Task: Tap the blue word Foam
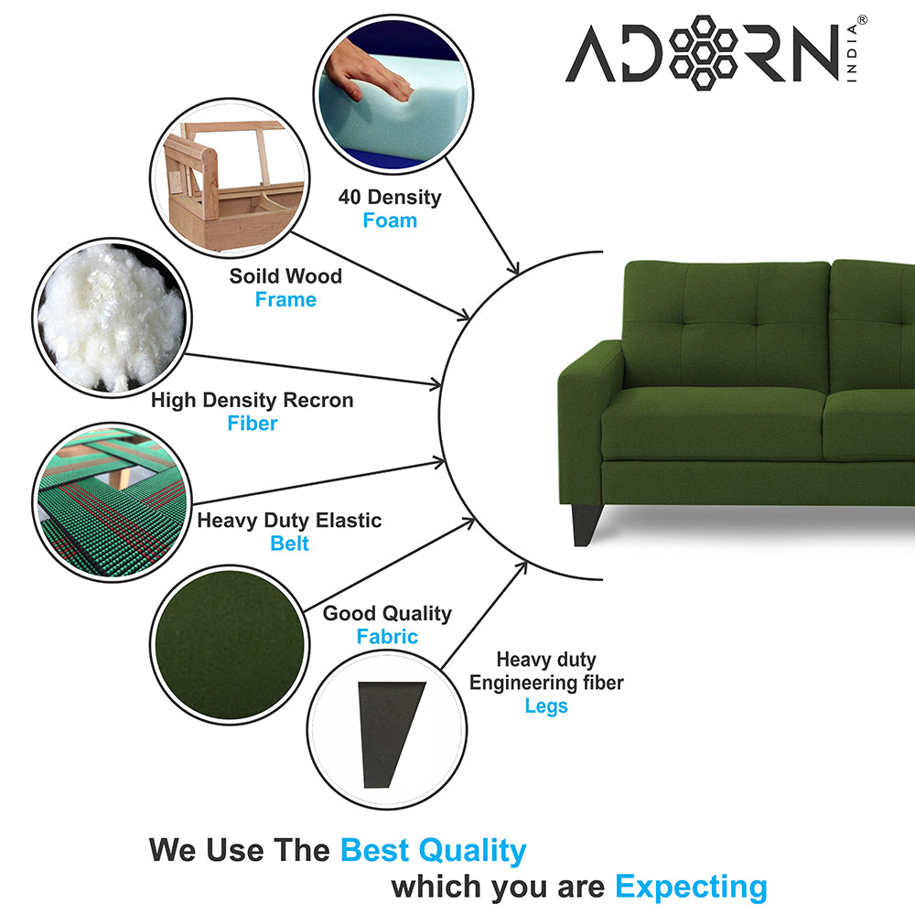tap(390, 221)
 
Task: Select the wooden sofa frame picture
tap(230, 178)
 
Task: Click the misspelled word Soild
tap(253, 276)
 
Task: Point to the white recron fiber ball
tap(112, 318)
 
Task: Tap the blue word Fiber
tap(253, 424)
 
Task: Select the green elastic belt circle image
tap(112, 502)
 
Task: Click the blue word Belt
tap(289, 544)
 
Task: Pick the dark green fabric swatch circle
tap(230, 645)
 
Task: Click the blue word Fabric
tap(387, 637)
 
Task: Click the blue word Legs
tap(546, 706)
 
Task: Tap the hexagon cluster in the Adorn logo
tap(703, 52)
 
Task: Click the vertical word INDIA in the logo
tap(852, 52)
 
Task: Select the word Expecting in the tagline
tap(692, 888)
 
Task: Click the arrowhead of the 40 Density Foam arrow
tap(513, 267)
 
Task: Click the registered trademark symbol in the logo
tap(862, 20)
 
